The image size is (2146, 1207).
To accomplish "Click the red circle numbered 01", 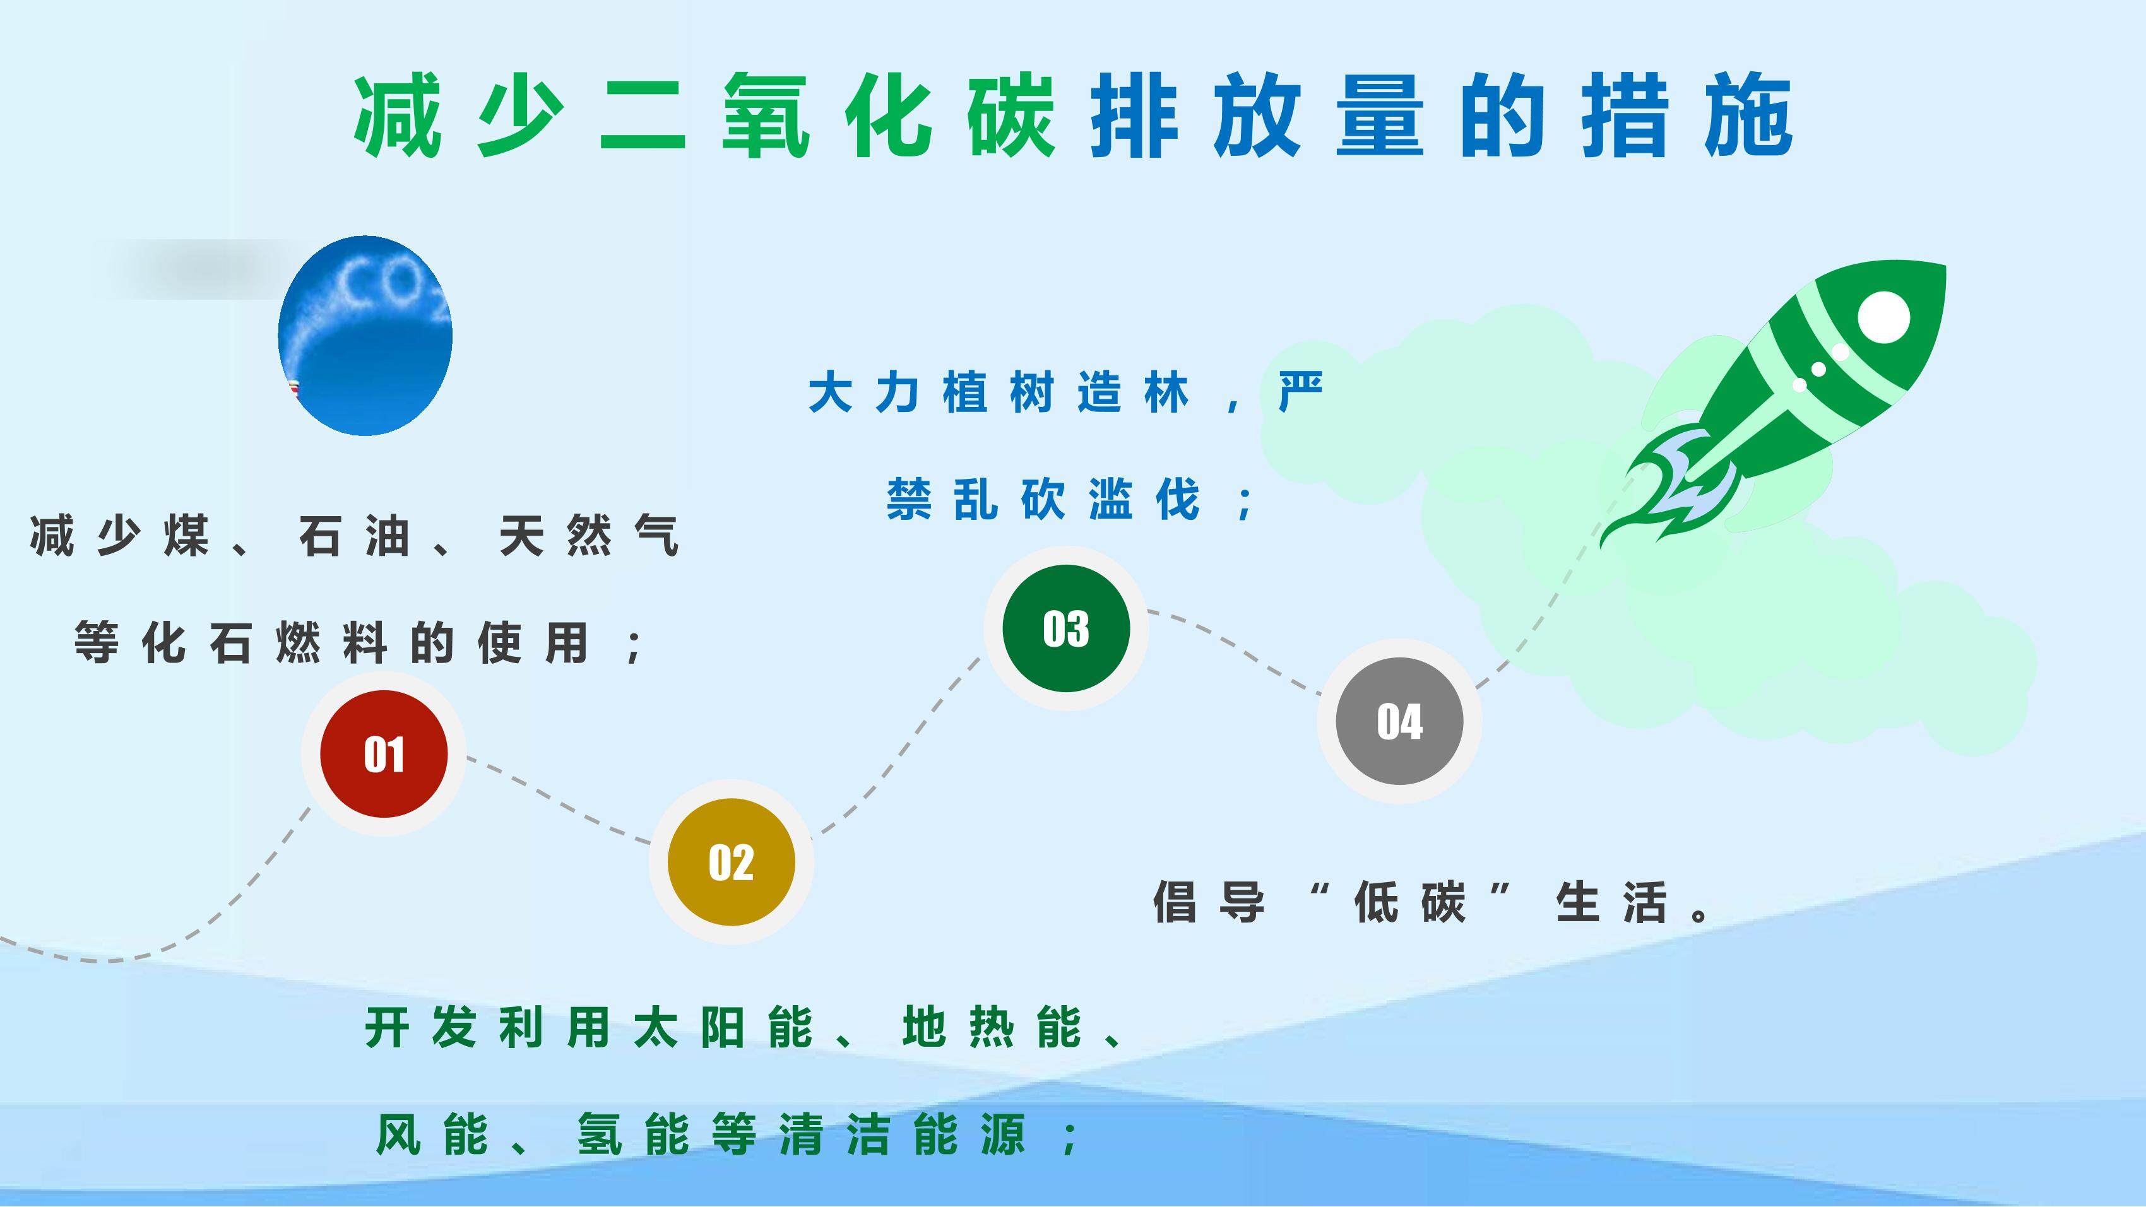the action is pos(383,754).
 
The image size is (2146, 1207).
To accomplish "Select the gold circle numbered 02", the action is pos(731,861).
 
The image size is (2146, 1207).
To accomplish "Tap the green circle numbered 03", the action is pos(1065,628).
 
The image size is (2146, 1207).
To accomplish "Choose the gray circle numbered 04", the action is pos(1399,721).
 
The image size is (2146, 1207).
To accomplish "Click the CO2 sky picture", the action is pos(365,336).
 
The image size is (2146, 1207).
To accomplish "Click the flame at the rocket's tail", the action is pos(1675,487).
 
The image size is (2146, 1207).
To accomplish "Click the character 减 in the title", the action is pos(398,117).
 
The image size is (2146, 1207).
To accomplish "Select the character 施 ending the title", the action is pos(1748,117).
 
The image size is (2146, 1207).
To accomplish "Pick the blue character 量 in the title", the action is pos(1380,117).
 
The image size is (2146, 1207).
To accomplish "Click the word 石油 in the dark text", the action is pos(355,536).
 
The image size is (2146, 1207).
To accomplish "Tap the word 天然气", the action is pos(589,536).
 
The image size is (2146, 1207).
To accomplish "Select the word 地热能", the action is pos(992,1027).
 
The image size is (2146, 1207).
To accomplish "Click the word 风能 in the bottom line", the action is pos(432,1134).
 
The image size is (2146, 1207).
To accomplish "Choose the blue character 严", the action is pos(1300,392).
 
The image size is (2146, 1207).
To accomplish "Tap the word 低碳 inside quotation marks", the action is pos(1409,902).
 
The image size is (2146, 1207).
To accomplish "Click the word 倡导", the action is pos(1209,902).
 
